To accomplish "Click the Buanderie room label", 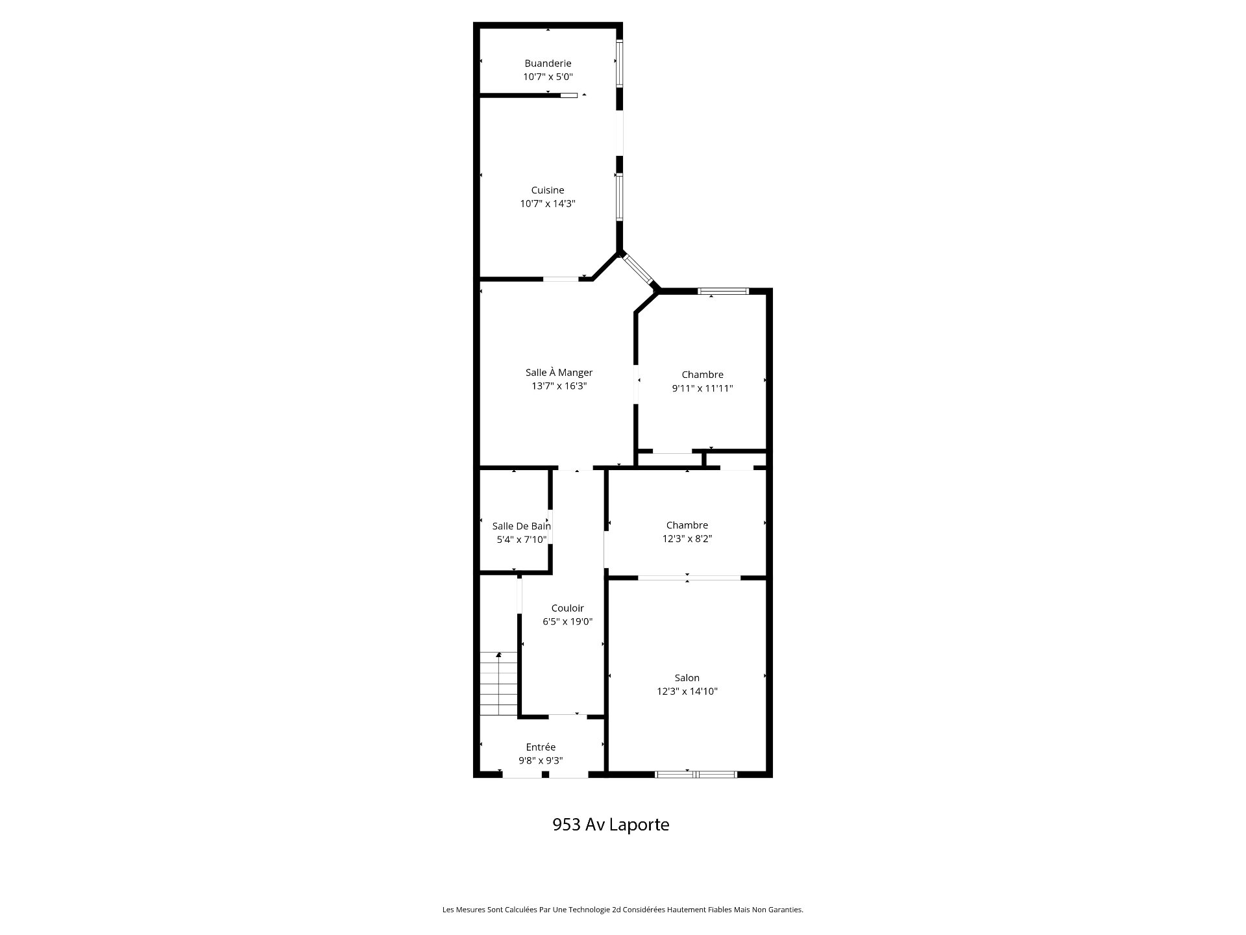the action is [x=548, y=64].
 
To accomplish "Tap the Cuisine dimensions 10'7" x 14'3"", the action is [x=548, y=204].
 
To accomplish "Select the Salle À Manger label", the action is [x=559, y=373].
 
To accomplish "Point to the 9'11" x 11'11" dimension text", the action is [x=702, y=388].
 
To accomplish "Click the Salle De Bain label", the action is [x=522, y=527].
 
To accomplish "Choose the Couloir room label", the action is [x=567, y=608].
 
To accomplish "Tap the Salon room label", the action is [x=687, y=678].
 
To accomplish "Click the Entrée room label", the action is [x=541, y=747].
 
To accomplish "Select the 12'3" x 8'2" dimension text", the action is [x=687, y=539].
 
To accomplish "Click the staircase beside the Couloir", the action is [x=499, y=683].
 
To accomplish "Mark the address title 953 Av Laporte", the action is [x=611, y=825].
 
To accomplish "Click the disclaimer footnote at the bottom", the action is [x=623, y=910].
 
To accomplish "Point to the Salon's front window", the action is [x=696, y=774].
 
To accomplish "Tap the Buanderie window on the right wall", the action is [x=619, y=64].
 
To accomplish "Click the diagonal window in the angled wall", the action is [x=637, y=269].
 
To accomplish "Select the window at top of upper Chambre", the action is [x=723, y=291].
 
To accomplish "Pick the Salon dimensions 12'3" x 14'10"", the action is [x=687, y=692].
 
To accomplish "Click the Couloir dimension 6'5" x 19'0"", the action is [x=567, y=622].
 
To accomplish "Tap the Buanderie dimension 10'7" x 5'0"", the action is [x=548, y=77].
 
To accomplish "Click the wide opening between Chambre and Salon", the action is [x=689, y=577].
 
